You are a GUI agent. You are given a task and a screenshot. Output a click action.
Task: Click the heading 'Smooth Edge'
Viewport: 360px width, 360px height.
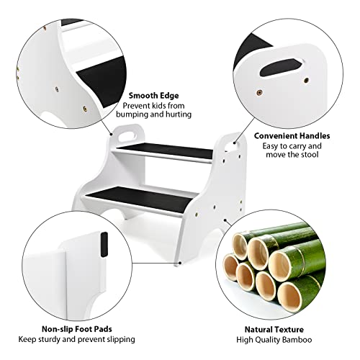(154, 94)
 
